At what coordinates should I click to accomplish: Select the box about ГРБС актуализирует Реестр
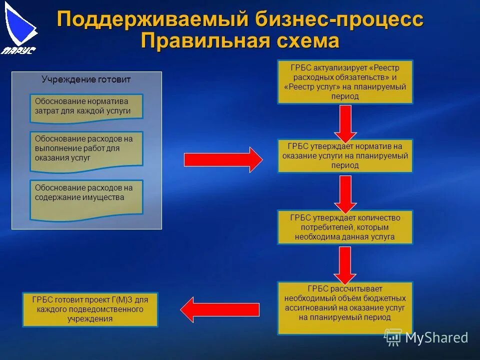345,81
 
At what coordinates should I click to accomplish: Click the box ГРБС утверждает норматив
345,156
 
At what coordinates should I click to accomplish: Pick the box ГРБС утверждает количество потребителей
345,227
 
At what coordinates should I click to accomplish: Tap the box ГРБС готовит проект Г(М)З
90,309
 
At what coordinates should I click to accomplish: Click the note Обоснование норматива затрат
86,107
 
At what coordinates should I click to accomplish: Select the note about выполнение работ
86,149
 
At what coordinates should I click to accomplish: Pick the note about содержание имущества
86,198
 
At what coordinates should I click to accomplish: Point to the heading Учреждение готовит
86,79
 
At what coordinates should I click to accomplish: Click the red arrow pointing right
223,160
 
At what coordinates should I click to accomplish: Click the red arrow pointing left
220,309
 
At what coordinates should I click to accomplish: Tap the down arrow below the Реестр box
345,122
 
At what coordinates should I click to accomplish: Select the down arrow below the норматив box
345,193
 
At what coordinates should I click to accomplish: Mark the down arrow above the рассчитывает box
345,264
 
